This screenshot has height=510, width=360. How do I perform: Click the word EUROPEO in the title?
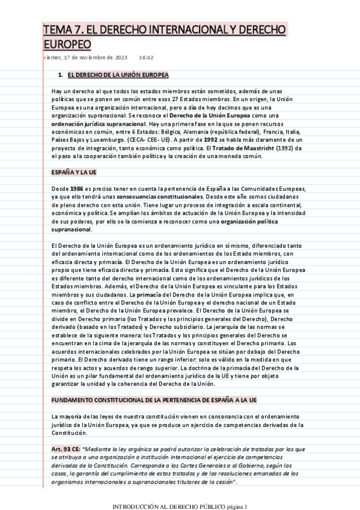(67, 45)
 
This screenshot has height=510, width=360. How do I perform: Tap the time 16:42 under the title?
(146, 58)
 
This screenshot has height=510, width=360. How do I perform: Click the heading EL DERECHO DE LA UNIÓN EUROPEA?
(118, 75)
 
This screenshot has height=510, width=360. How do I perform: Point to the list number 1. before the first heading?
(60, 75)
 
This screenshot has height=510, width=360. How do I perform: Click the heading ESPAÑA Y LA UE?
(74, 172)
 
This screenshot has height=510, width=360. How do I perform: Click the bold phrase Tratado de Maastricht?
(250, 148)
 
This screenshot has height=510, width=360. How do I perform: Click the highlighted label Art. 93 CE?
(66, 449)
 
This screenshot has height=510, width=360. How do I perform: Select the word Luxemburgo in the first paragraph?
(106, 140)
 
